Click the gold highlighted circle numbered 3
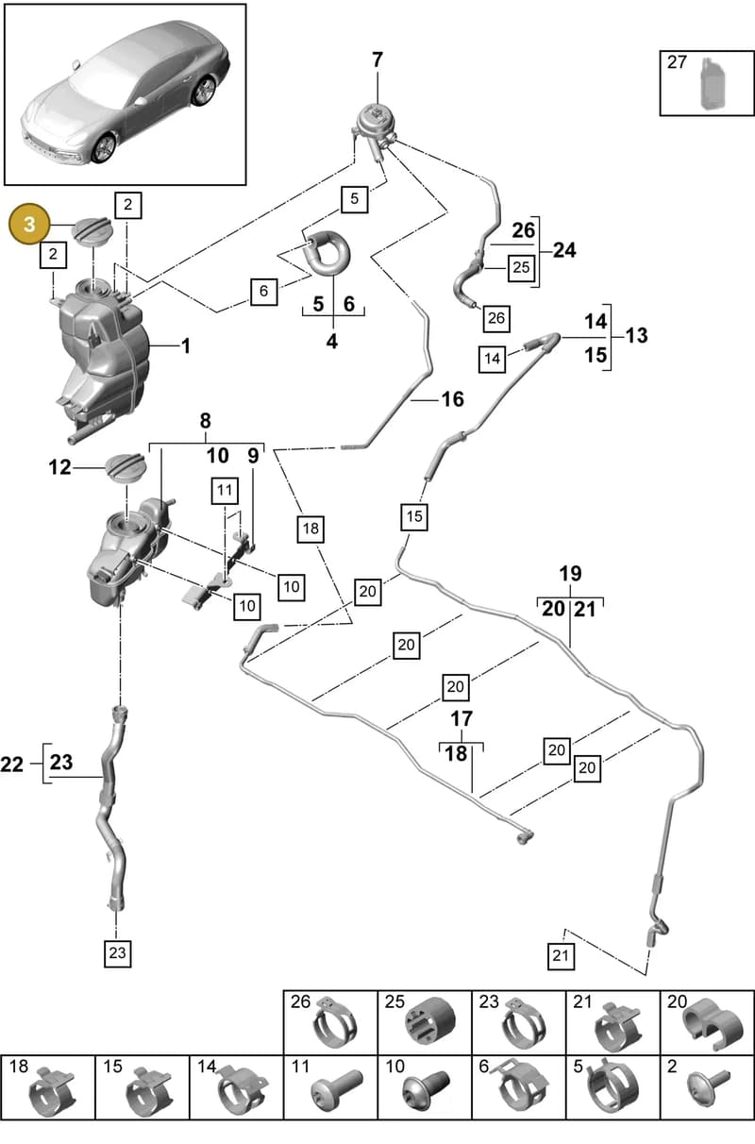(x=29, y=225)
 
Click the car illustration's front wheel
(x=105, y=148)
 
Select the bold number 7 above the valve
(x=377, y=60)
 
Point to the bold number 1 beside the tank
(x=186, y=346)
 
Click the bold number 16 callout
(x=453, y=399)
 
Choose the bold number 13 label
(x=637, y=335)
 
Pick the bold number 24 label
(x=564, y=250)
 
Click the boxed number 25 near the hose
(x=521, y=267)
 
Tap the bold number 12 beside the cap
(x=59, y=467)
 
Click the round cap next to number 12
(x=126, y=468)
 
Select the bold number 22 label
(x=11, y=765)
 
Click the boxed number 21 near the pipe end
(x=561, y=955)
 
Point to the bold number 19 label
(x=570, y=574)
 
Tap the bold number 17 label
(x=461, y=719)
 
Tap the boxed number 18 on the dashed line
(x=310, y=528)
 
